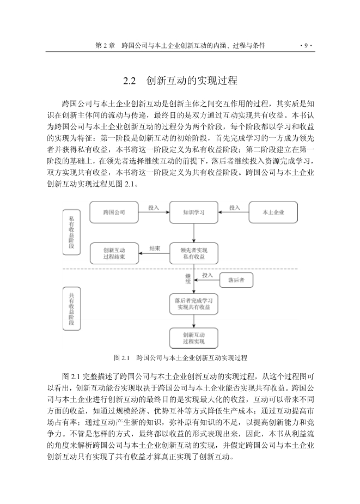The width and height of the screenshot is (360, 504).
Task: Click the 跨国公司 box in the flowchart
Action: tap(114, 212)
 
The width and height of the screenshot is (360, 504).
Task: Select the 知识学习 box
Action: tap(194, 212)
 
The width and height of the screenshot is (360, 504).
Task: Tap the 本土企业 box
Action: tap(273, 212)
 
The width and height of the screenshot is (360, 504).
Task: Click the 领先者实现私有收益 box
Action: tap(194, 253)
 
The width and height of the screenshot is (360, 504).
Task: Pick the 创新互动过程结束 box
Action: tap(114, 253)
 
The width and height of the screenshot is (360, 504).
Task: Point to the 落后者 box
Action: tap(236, 280)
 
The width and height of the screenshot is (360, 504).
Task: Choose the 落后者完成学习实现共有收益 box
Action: tap(194, 303)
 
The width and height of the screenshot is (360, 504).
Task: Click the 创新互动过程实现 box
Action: tap(194, 338)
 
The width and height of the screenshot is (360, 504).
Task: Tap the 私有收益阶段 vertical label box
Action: tap(71, 232)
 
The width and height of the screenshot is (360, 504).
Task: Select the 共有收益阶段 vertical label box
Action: tap(71, 308)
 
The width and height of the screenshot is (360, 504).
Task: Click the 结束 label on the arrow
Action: tap(155, 248)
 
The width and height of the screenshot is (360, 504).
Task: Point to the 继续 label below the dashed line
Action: tap(188, 278)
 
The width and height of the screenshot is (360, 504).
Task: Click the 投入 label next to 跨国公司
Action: tap(154, 208)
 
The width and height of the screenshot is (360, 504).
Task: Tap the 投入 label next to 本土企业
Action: tap(234, 208)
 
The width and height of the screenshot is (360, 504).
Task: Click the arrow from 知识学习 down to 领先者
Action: tap(194, 233)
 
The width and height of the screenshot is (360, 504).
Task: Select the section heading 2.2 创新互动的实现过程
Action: tap(180, 80)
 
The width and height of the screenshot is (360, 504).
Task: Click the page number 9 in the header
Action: tap(306, 46)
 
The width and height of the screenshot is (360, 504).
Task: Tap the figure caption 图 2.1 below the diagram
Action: tap(181, 357)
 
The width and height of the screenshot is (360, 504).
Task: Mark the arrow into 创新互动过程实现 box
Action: tap(194, 321)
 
